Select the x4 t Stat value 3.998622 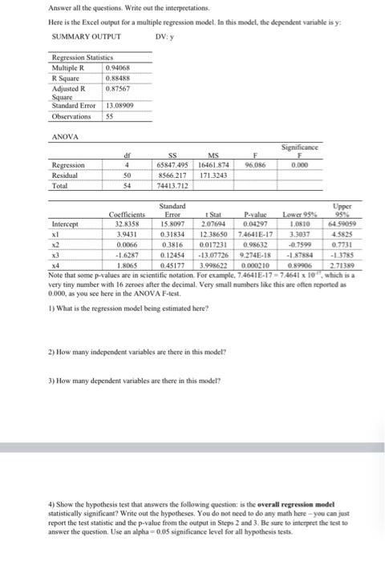click(x=213, y=264)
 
